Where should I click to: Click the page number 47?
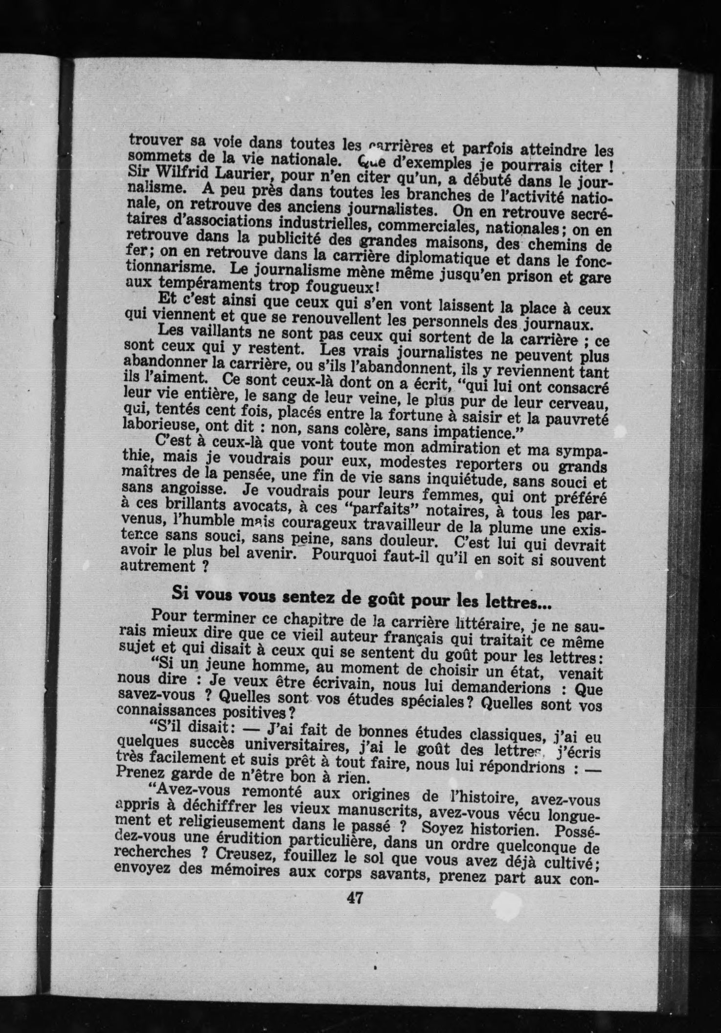point(353,898)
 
